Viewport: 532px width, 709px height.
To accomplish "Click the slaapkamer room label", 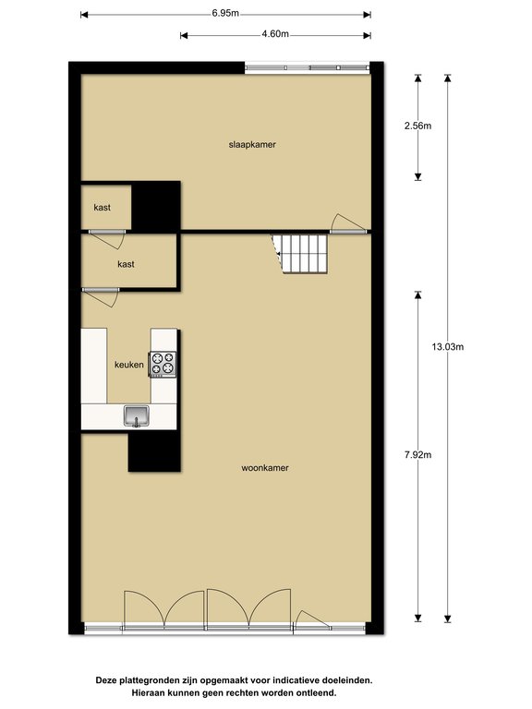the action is (252, 145).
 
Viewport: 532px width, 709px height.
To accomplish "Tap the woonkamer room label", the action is (265, 468).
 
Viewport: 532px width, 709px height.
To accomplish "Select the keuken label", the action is (129, 365).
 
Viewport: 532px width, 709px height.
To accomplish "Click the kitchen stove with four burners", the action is (163, 364).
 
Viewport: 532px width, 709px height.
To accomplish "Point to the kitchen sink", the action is (137, 416).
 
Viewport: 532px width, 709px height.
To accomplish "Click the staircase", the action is (300, 253).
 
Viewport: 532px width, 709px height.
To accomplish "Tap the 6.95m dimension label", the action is (225, 13).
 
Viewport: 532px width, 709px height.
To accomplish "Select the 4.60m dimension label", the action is (275, 34).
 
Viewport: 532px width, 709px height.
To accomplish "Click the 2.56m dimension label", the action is (418, 126).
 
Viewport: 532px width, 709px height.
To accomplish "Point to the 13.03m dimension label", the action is (447, 347).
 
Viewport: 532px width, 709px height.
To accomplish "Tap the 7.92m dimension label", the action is (418, 455).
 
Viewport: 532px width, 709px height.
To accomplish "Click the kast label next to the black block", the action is (103, 208).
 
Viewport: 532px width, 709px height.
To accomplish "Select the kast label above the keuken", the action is (126, 264).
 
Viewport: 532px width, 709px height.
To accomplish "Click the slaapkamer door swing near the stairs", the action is (346, 222).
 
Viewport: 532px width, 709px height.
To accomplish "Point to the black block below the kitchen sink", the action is (154, 451).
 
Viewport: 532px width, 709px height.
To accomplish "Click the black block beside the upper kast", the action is (155, 206).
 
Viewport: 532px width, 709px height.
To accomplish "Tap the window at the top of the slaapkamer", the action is (308, 67).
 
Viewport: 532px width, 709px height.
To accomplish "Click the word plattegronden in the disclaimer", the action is (151, 680).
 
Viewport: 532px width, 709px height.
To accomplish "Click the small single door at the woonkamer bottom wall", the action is (312, 620).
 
